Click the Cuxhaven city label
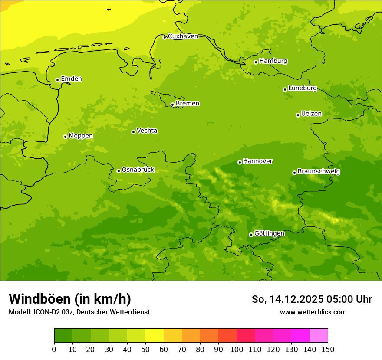183,36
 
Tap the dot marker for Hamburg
256,62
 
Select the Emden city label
71,79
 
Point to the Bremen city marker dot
172,105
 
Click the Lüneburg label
302,88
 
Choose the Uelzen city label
311,114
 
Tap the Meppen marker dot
65,137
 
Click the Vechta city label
147,131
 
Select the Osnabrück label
138,170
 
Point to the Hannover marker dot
240,162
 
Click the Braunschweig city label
319,172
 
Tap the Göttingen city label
269,233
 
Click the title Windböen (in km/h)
70,299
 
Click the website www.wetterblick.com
313,312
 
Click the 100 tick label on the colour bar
237,349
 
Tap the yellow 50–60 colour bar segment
155,336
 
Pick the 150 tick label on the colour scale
328,349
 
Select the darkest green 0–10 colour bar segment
63,336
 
